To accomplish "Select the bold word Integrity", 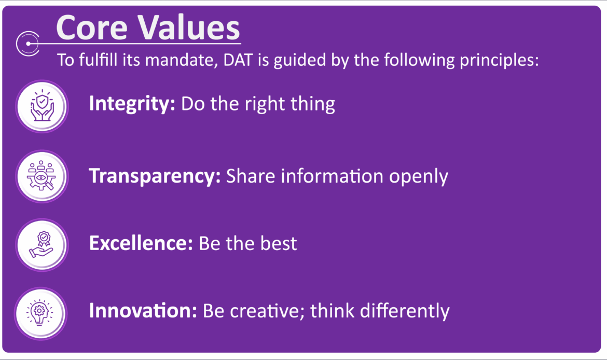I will (x=132, y=104).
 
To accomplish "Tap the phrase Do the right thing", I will (x=258, y=104).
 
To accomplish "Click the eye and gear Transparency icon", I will (x=42, y=176).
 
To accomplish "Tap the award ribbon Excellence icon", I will (x=42, y=244).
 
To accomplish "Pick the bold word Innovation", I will (x=143, y=311).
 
